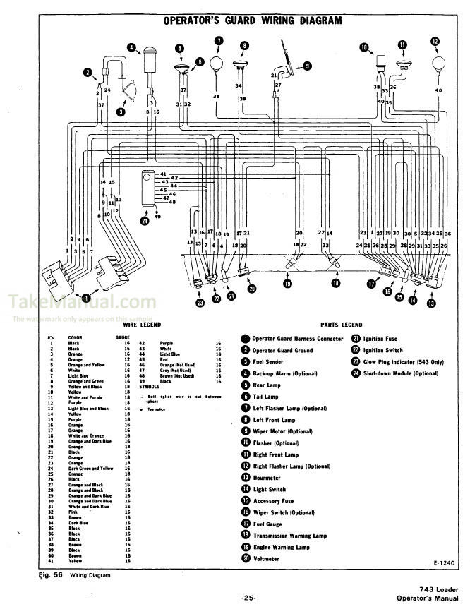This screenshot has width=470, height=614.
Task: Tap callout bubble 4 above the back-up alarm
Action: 131,48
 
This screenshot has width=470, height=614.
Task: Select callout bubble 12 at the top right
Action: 435,42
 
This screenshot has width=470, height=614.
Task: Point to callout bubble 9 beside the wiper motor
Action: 307,66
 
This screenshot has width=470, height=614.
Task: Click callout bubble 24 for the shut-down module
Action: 145,221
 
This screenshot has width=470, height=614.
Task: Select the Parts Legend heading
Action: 341,325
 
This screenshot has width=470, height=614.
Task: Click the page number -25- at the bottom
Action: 248,598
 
